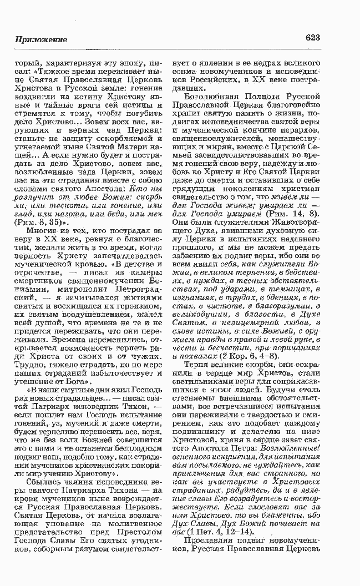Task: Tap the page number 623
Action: click(312, 38)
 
